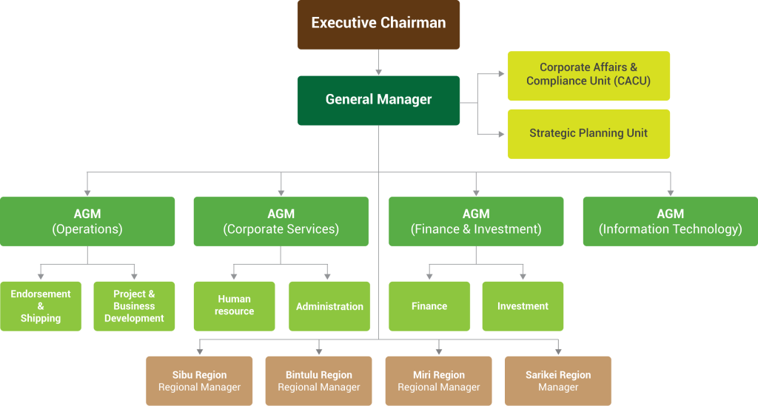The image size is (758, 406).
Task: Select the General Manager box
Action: pos(378,100)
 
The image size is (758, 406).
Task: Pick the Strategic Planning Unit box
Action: pos(588,134)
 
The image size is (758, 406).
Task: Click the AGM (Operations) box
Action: pos(87,221)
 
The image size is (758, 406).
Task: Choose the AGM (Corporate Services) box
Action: pos(281,221)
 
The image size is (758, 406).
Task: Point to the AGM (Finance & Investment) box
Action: pos(475,221)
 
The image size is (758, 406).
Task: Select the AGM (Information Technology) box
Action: pos(670,221)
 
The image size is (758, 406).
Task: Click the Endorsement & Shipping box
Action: pos(41,306)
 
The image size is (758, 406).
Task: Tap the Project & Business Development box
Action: pos(134,306)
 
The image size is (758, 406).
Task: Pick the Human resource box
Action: pos(234,306)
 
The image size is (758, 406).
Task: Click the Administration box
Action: pos(329,306)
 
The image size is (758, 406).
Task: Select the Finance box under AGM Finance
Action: pos(429,306)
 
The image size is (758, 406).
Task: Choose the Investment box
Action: pos(523,306)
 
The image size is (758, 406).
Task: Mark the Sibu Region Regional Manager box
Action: pos(199,381)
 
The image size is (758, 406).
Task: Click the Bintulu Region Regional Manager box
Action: pos(319,381)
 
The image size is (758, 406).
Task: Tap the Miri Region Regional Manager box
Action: pos(438,381)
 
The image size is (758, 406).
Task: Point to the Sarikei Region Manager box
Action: pos(558,381)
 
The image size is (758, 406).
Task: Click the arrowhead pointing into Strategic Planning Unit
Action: pos(501,135)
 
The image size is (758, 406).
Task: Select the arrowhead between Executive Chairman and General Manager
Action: pos(378,72)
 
